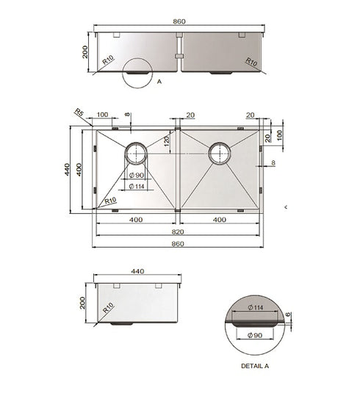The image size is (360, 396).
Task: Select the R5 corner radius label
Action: pos(79,112)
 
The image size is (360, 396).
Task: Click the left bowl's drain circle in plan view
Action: pos(136,154)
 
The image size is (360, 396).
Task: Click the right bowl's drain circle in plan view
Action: pos(219,154)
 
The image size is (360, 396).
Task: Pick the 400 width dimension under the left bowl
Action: pos(136,220)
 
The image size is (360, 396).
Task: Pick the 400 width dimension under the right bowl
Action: pos(219,220)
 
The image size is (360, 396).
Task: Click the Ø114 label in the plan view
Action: pos(136,187)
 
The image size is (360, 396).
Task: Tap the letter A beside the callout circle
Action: pos(159,82)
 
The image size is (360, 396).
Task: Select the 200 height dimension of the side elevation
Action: pos(84,302)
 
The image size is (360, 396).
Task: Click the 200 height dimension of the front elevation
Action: pos(86,51)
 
